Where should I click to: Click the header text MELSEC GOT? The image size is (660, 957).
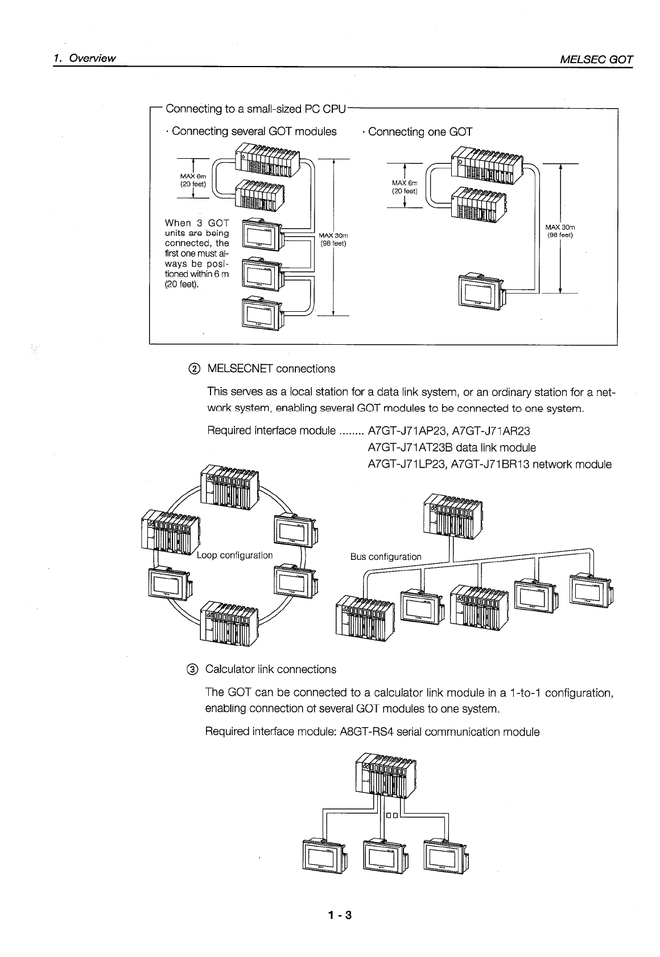pyautogui.click(x=596, y=59)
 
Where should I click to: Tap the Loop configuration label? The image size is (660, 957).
pyautogui.click(x=235, y=555)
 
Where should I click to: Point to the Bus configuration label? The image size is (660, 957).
pyautogui.click(x=386, y=556)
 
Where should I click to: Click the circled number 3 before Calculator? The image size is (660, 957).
pyautogui.click(x=193, y=670)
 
